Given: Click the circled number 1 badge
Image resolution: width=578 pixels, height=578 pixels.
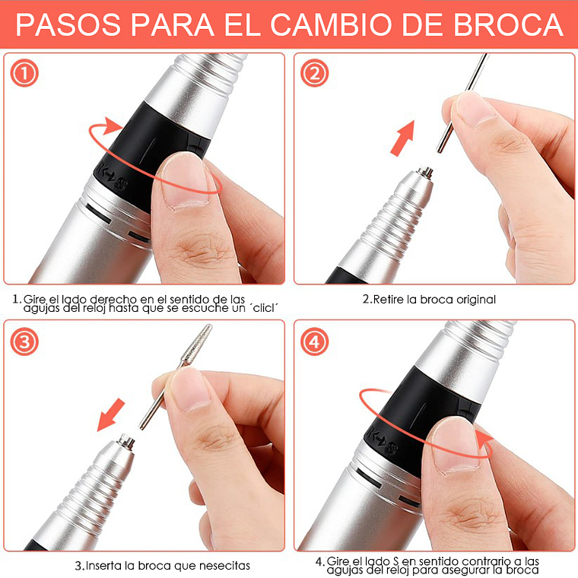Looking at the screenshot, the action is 24,73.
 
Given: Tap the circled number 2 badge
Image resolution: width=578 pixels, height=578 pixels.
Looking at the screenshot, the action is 314,73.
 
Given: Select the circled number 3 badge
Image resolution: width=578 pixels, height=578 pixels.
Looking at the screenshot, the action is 24,341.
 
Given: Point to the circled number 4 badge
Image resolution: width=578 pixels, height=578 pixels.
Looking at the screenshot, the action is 314,341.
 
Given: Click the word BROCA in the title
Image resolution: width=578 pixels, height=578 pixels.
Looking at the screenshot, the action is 508,24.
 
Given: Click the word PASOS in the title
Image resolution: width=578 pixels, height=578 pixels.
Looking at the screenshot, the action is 68,24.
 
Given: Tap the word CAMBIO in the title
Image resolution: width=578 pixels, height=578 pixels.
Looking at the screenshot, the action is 331,24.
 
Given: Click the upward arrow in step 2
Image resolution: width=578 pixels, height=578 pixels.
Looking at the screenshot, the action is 402,138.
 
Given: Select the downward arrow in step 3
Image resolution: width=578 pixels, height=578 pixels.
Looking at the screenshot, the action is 110,414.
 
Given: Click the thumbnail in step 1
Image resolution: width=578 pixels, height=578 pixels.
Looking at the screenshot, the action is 184,182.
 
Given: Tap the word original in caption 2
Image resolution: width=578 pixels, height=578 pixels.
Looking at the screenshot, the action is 476,300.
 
